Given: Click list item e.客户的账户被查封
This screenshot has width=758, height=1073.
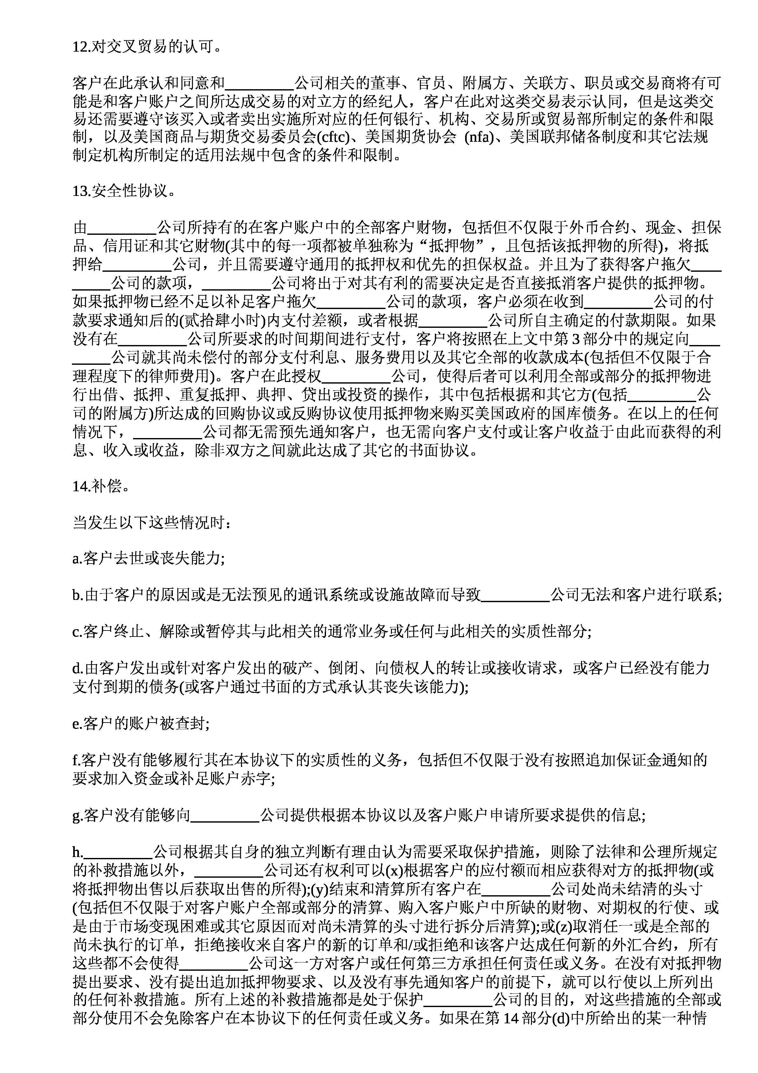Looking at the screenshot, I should coord(141,724).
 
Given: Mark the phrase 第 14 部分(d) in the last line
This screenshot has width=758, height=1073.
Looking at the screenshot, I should coord(525,1018).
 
